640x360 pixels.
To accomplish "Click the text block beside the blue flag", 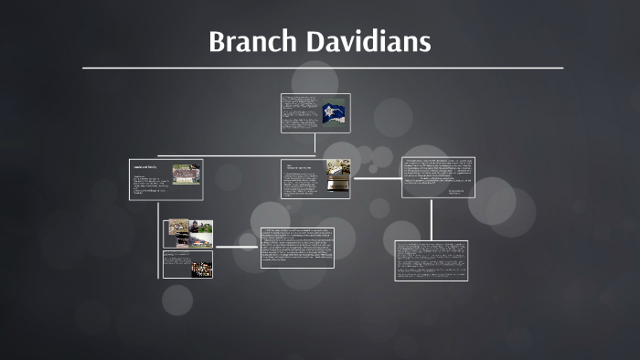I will (x=300, y=112).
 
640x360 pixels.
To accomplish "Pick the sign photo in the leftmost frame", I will (x=186, y=174).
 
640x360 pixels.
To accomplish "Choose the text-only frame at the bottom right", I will (x=431, y=260).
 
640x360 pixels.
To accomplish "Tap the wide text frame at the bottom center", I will (x=297, y=248).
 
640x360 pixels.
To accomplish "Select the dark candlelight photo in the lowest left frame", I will (x=200, y=269).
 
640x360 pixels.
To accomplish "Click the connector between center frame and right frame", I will (x=376, y=178).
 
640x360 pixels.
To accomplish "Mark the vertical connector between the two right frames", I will (x=431, y=219).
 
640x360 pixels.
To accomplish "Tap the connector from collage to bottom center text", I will (x=237, y=248).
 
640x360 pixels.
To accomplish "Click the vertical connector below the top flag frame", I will (x=315, y=144).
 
